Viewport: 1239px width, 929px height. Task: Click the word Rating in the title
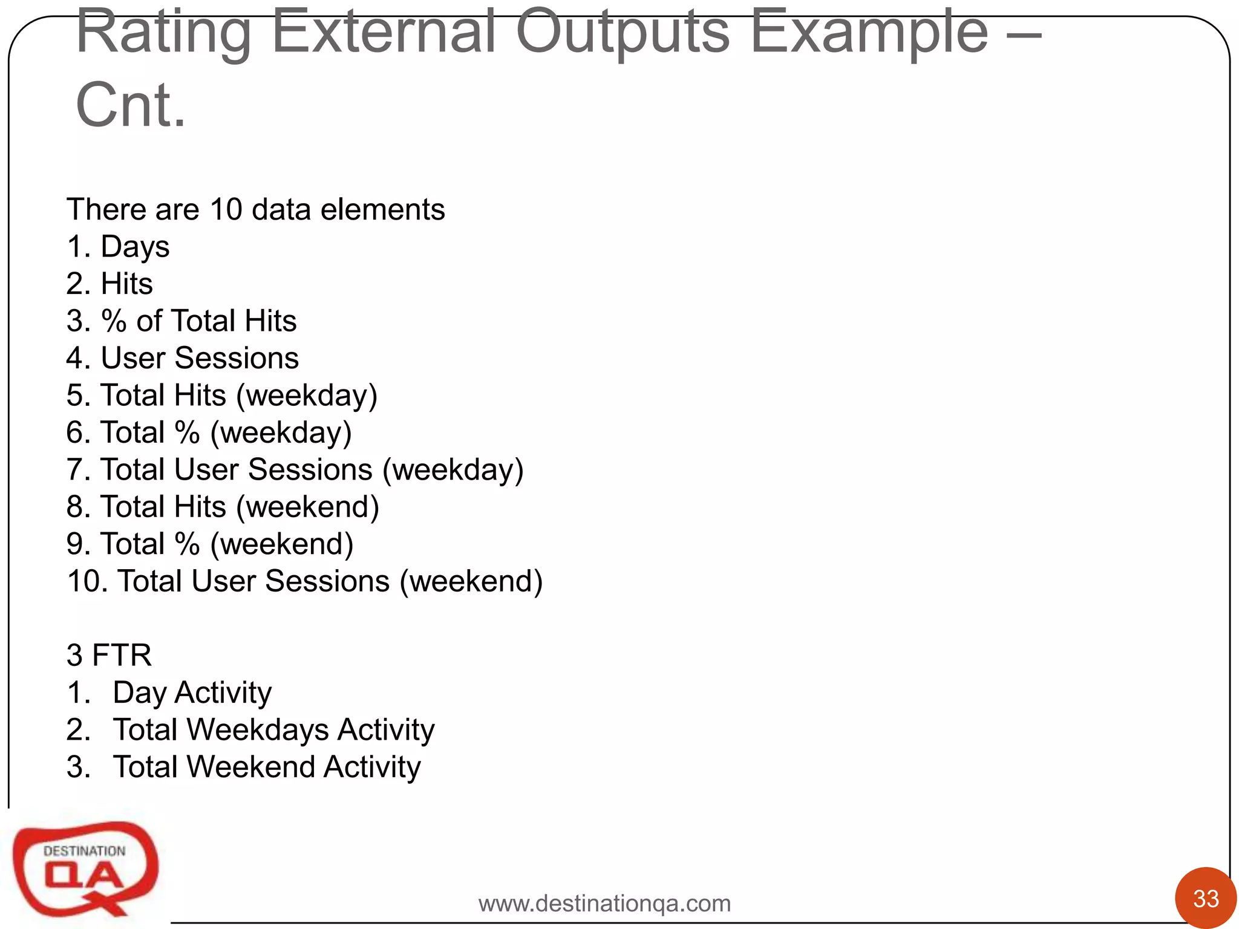point(163,33)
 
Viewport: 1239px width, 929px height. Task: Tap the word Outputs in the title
point(623,33)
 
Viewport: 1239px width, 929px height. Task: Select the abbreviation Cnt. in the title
point(131,106)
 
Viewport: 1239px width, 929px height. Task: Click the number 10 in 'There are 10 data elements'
point(226,210)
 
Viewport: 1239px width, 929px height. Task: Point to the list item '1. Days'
point(118,247)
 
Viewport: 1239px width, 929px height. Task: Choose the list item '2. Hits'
point(110,284)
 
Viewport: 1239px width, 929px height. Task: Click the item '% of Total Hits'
point(198,321)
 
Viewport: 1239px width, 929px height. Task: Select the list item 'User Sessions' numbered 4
point(200,358)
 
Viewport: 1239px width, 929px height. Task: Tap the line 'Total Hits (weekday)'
point(238,396)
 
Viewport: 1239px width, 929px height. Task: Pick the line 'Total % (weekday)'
point(226,432)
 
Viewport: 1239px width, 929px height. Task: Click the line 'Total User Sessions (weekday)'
point(312,470)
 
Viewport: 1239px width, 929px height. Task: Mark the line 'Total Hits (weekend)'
point(240,507)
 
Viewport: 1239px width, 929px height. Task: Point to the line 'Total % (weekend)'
point(227,544)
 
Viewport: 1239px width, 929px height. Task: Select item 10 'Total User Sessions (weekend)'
point(330,581)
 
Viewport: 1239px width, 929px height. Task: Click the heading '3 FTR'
point(109,655)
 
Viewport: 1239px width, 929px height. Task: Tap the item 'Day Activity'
point(192,693)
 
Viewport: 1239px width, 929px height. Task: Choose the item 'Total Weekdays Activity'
point(273,730)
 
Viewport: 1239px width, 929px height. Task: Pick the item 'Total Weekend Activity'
point(266,767)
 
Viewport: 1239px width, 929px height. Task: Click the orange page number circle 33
point(1205,898)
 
